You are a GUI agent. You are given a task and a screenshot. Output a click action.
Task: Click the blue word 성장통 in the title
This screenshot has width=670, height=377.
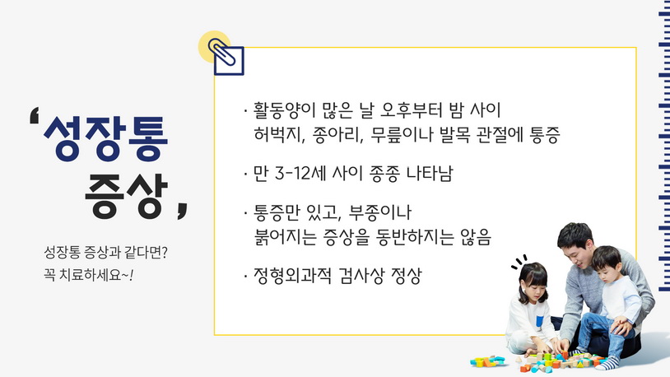105,138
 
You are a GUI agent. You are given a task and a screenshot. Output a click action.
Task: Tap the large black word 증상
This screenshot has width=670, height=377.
126,196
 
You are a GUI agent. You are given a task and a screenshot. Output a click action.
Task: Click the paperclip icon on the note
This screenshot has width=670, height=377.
222,53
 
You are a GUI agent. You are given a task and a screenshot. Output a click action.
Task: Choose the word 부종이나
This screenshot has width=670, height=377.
380,212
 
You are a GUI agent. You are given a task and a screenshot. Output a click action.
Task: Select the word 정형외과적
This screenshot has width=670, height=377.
292,276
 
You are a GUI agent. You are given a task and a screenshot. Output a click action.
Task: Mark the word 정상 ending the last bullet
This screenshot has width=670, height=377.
407,276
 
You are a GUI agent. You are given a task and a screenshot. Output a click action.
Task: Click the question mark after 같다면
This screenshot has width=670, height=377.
165,252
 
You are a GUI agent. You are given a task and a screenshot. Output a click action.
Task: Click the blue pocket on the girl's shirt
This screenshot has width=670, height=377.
540,321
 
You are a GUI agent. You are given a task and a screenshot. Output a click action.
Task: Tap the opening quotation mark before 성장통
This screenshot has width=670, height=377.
35,115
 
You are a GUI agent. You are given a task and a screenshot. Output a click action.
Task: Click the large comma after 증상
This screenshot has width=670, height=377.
183,211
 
